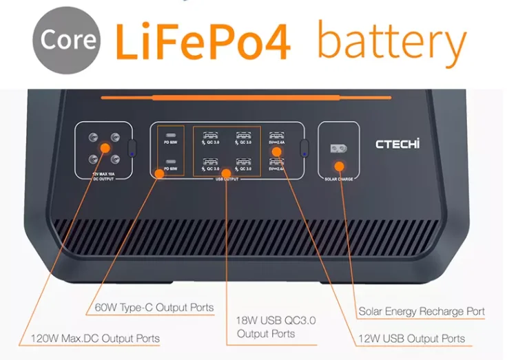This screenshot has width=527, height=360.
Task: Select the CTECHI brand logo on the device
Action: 397,145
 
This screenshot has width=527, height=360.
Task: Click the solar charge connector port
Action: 338,148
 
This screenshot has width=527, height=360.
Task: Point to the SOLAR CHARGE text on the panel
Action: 338,179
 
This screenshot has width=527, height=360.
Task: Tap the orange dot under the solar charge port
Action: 339,166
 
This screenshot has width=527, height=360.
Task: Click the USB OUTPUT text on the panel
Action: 227,179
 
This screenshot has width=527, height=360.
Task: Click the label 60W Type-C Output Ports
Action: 154,307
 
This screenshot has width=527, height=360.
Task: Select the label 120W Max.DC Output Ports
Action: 96,339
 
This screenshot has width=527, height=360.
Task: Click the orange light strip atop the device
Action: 246,98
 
